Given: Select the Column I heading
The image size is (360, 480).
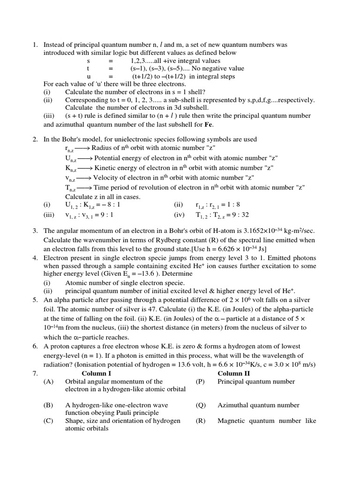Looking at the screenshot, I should pos(97,373).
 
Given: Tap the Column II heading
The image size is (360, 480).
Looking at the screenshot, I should pos(233,373).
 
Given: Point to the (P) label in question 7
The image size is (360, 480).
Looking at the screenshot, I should pos(201,382).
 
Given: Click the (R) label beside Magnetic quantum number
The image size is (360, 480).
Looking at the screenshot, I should pos(201,421).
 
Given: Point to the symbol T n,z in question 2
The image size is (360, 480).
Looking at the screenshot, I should pos(70,188).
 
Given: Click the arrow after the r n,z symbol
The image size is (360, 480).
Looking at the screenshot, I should pos(83,148).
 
